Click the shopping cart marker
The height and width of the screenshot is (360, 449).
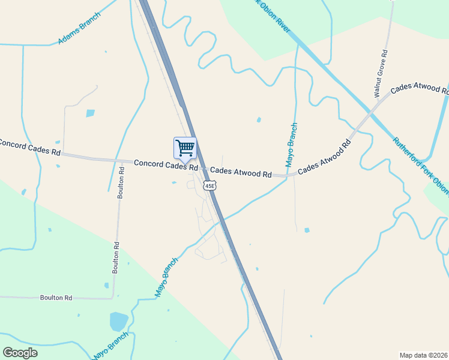pos(185,148)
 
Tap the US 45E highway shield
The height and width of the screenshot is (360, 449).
pos(209,186)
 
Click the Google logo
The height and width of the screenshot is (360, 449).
pos(20,353)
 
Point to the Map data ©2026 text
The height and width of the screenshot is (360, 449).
pos(423,355)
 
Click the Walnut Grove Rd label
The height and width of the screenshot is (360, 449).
pos(381,74)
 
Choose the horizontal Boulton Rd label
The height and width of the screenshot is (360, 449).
pos(56,297)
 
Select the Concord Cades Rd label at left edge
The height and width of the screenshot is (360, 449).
pos(29,148)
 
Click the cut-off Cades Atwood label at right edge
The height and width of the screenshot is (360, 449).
pos(420,89)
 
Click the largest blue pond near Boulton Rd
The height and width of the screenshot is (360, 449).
pos(118,321)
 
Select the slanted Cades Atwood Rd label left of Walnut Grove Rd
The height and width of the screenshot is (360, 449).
pos(324,157)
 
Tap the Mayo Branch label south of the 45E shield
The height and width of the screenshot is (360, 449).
pos(167,277)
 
